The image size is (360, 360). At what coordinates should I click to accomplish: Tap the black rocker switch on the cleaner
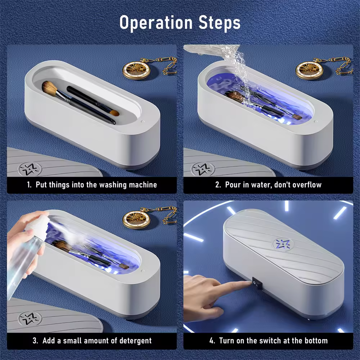256,283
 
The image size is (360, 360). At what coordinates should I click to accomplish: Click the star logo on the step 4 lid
283,244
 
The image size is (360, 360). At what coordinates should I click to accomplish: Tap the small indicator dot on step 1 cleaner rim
143,121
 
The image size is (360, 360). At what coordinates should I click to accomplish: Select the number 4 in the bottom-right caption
212,341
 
